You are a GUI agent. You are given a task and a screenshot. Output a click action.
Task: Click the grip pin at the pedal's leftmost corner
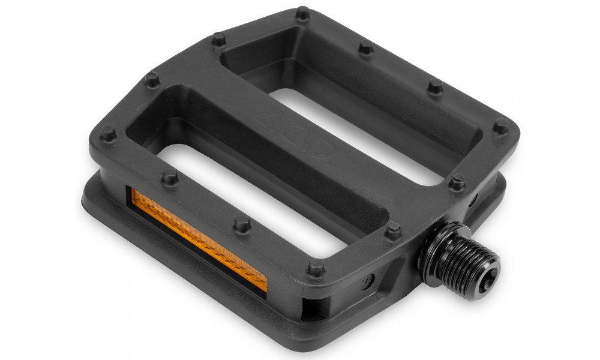coord(108,133)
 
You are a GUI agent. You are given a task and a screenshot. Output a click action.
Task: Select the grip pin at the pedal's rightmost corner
coord(500,125)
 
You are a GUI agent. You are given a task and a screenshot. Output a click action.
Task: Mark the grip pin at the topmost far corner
coord(302,13)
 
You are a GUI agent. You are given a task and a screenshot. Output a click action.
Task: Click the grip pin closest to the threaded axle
coord(394,229)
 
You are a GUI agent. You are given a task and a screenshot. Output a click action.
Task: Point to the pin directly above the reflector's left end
coord(170,178)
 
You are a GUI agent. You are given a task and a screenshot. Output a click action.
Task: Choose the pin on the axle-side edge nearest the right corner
coord(458,181)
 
